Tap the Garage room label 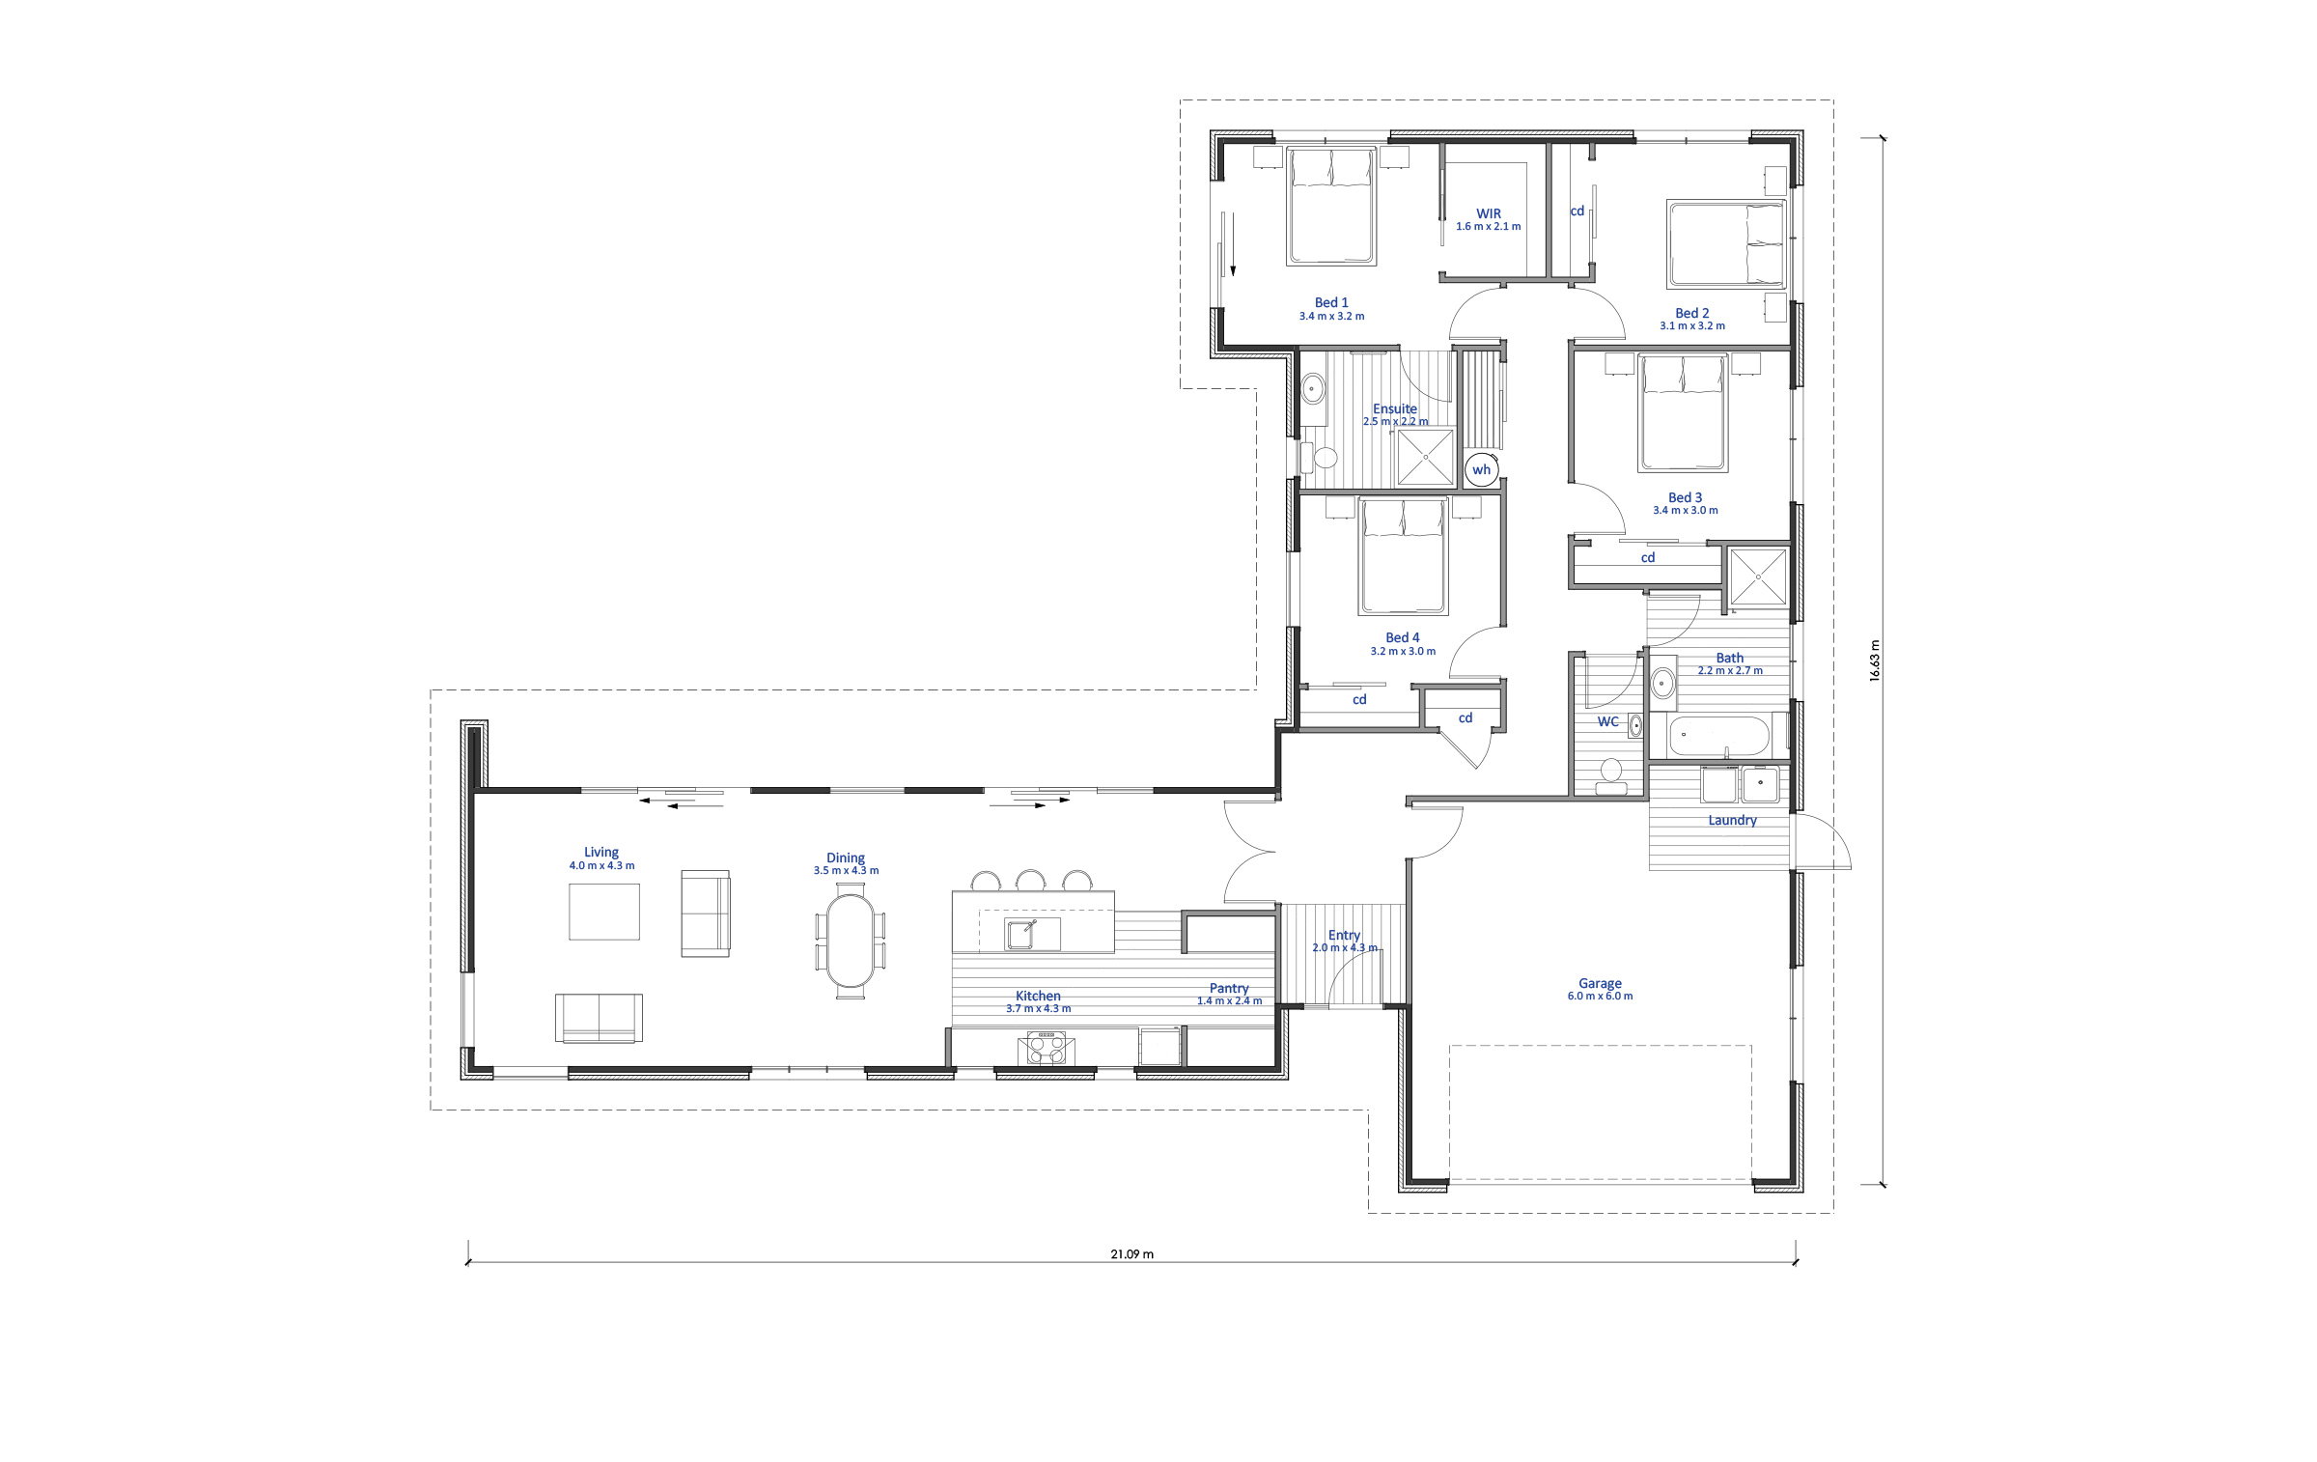[x=1600, y=984]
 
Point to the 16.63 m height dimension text [x=1875, y=661]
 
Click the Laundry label [x=1732, y=821]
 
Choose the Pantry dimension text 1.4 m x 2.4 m [x=1229, y=1000]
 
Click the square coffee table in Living [x=604, y=911]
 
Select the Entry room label [x=1344, y=935]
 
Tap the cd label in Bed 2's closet [x=1577, y=211]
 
